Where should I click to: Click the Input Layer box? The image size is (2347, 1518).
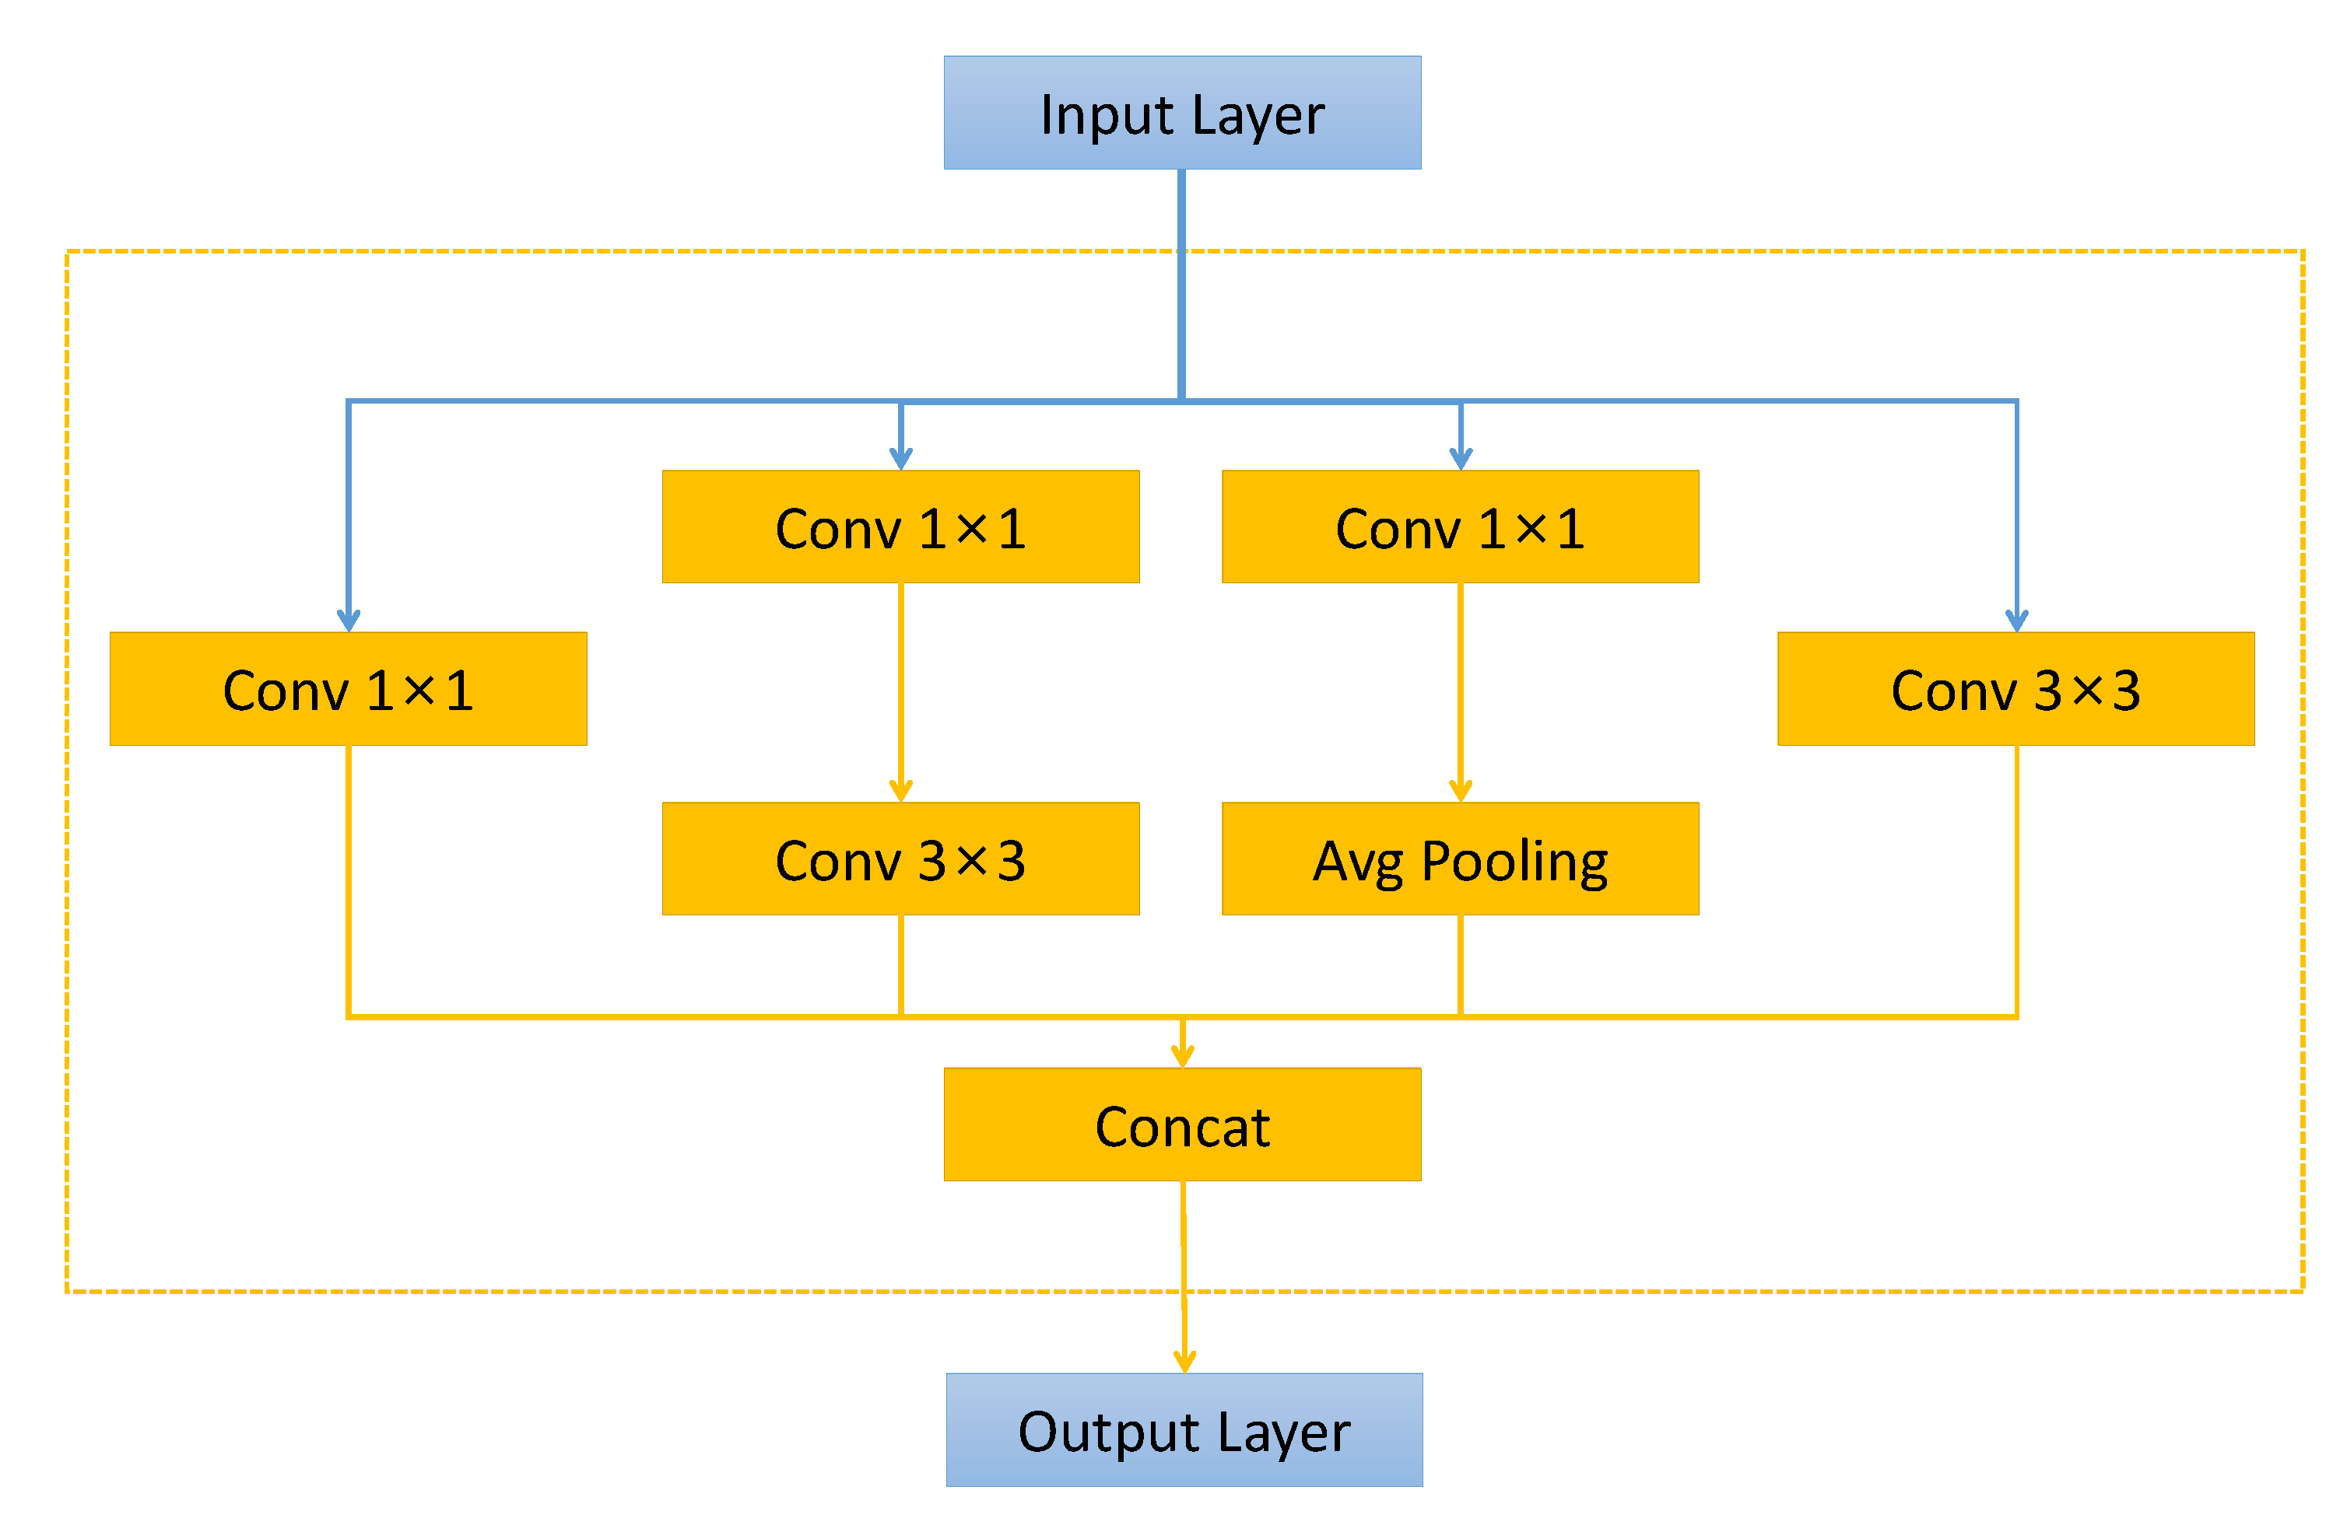click(1181, 112)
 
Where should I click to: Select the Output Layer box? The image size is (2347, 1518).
click(1184, 1429)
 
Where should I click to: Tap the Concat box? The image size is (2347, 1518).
click(1181, 1125)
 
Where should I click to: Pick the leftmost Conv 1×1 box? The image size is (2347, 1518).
click(348, 688)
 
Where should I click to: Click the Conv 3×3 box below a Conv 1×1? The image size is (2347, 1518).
click(900, 859)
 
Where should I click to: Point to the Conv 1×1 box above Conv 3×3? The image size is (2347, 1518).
click(900, 526)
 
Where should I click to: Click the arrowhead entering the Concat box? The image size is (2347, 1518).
click(1182, 1057)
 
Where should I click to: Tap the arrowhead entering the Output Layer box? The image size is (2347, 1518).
click(1184, 1362)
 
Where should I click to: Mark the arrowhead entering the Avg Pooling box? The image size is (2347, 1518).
click(1461, 791)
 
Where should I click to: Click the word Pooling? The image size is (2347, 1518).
click(1514, 862)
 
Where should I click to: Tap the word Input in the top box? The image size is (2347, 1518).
click(1107, 115)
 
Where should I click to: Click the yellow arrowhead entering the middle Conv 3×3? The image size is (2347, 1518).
click(900, 791)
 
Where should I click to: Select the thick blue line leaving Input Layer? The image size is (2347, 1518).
click(1181, 286)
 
